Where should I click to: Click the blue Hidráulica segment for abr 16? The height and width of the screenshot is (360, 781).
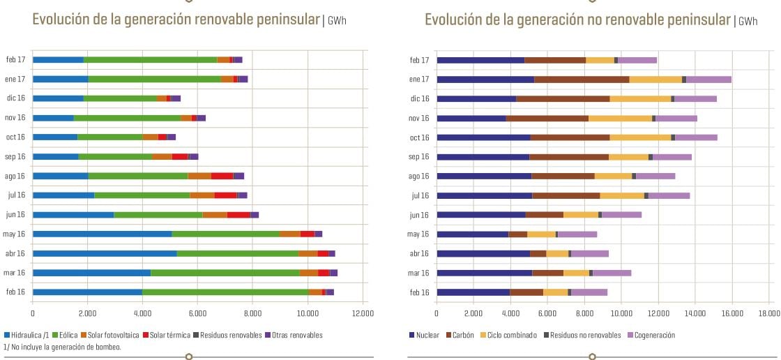[x=105, y=253]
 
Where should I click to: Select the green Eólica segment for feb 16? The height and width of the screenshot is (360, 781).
[x=225, y=292]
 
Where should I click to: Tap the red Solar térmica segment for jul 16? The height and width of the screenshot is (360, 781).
[x=225, y=195]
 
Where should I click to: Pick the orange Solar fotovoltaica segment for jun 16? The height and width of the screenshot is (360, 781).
[x=215, y=215]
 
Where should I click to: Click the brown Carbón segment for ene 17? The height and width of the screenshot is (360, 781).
[x=582, y=80]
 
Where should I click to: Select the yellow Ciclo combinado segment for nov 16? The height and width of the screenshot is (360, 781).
[x=620, y=118]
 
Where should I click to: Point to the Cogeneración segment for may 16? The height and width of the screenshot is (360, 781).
[x=577, y=234]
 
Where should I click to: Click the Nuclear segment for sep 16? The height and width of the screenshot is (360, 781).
[x=483, y=156]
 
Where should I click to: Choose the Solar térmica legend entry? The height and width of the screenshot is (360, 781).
[x=168, y=335]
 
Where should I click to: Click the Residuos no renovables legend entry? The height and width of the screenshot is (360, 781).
[x=582, y=335]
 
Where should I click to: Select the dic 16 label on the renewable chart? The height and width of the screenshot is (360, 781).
[x=15, y=99]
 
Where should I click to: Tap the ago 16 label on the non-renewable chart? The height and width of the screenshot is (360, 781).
[x=419, y=176]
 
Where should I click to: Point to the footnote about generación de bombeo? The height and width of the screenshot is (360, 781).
[x=63, y=347]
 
